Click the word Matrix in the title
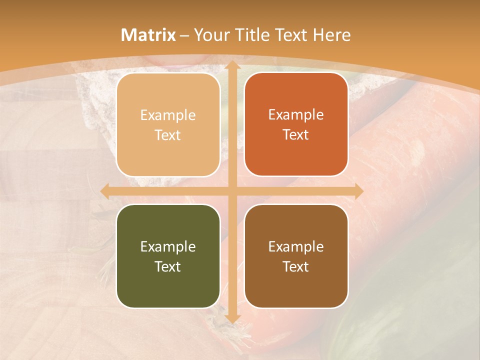(148, 35)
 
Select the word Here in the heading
(331, 35)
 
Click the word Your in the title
(211, 35)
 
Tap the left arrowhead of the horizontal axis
(105, 191)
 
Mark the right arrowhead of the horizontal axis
(358, 191)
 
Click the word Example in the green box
(168, 246)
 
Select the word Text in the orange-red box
(296, 134)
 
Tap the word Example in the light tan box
(168, 115)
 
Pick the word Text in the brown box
(296, 266)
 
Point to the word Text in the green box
(168, 266)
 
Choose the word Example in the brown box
(296, 246)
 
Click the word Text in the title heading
(290, 35)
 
